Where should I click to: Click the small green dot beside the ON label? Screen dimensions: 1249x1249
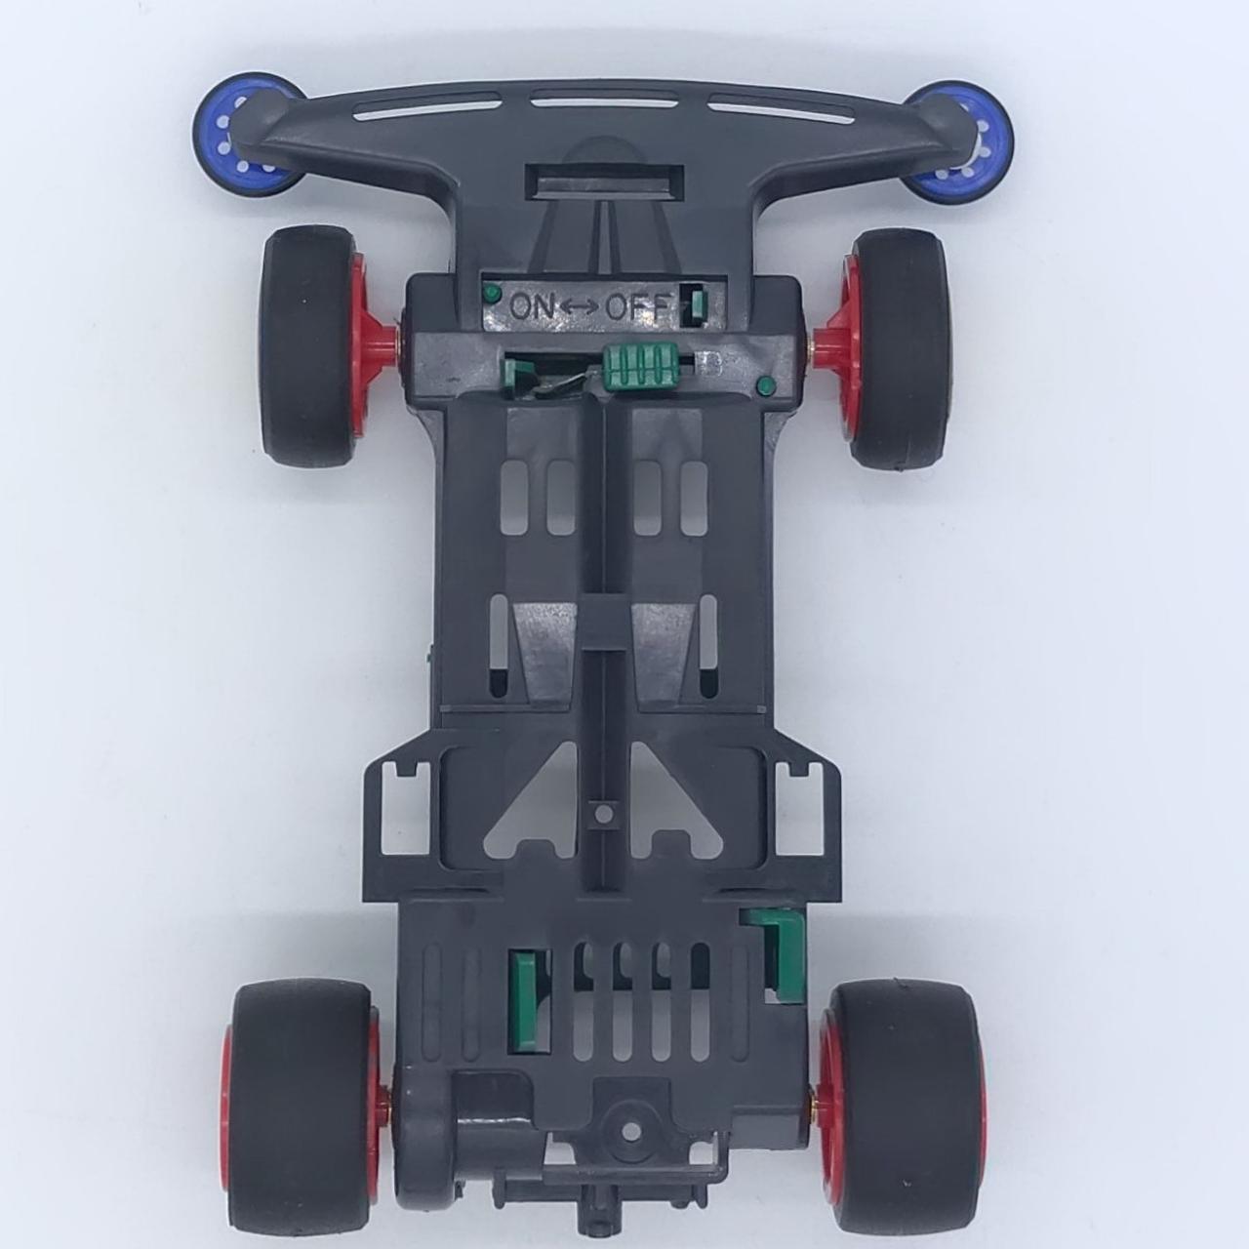point(492,293)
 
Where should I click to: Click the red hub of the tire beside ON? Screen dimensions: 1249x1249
point(372,344)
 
